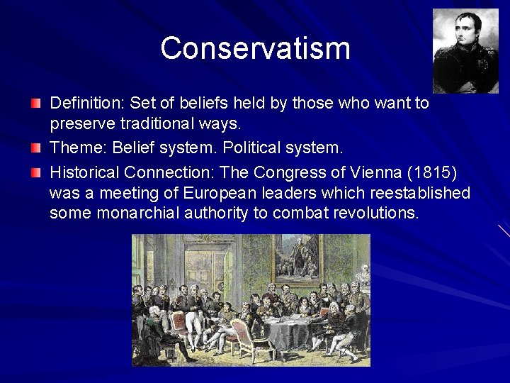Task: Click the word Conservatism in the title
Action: pyautogui.click(x=255, y=48)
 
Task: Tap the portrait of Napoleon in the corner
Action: pyautogui.click(x=465, y=51)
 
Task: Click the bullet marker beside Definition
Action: pyautogui.click(x=36, y=104)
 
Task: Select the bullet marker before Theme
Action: pyautogui.click(x=36, y=149)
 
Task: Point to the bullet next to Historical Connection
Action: pyautogui.click(x=36, y=172)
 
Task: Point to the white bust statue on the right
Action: pyautogui.click(x=363, y=272)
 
